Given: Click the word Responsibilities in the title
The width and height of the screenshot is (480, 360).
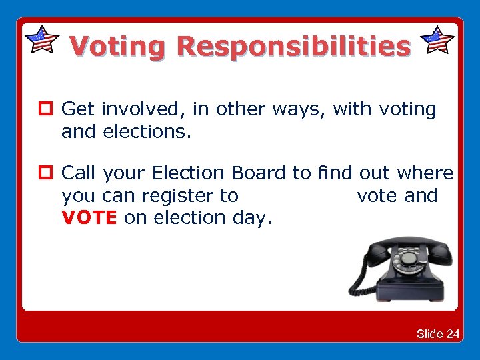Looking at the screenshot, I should click(x=293, y=47).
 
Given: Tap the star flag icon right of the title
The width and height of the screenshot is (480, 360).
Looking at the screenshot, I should click(x=439, y=40).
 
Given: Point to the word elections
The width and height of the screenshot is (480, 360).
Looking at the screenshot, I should click(x=147, y=131).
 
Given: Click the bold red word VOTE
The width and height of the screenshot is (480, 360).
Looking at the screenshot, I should click(x=89, y=217).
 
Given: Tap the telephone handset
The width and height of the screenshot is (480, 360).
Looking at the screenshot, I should click(x=402, y=245).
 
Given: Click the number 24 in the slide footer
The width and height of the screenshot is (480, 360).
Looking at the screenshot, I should click(x=453, y=333).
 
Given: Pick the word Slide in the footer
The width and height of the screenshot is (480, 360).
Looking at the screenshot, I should click(x=430, y=333).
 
